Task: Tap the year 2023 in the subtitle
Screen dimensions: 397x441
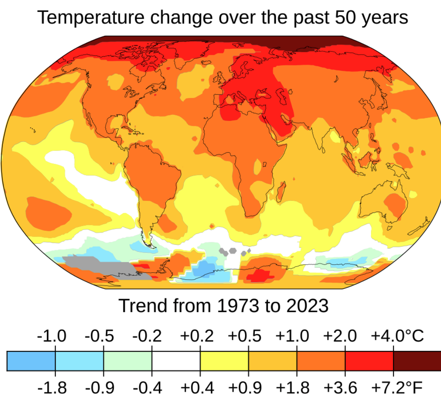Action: coord(306,306)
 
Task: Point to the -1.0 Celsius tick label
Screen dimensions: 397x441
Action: coord(51,336)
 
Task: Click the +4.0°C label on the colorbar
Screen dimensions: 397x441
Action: coord(397,336)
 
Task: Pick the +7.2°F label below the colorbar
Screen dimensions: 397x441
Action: coord(397,387)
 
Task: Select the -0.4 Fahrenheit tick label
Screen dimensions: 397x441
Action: coord(148,387)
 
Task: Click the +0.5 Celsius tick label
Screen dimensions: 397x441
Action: coord(245,336)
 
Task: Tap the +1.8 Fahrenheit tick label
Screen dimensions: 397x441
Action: coord(293,387)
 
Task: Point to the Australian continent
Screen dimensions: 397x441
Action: coord(385,202)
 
